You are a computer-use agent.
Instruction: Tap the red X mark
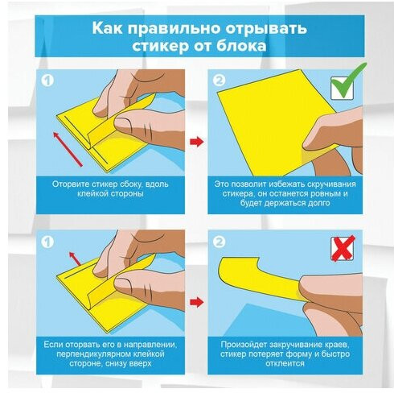coord(343,248)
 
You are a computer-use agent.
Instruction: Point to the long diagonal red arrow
coord(68,149)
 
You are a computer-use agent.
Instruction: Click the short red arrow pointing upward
coord(75,259)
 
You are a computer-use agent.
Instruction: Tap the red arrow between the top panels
coord(197,142)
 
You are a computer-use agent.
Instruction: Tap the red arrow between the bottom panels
coord(197,302)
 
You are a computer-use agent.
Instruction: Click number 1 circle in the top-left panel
coord(47,81)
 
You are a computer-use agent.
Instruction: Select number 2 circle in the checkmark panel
coord(220,80)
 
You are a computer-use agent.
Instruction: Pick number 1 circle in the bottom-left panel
coord(47,242)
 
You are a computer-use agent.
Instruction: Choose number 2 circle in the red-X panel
coord(220,242)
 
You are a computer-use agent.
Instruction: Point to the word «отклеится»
coord(285,363)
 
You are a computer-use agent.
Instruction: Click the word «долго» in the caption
coord(318,203)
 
